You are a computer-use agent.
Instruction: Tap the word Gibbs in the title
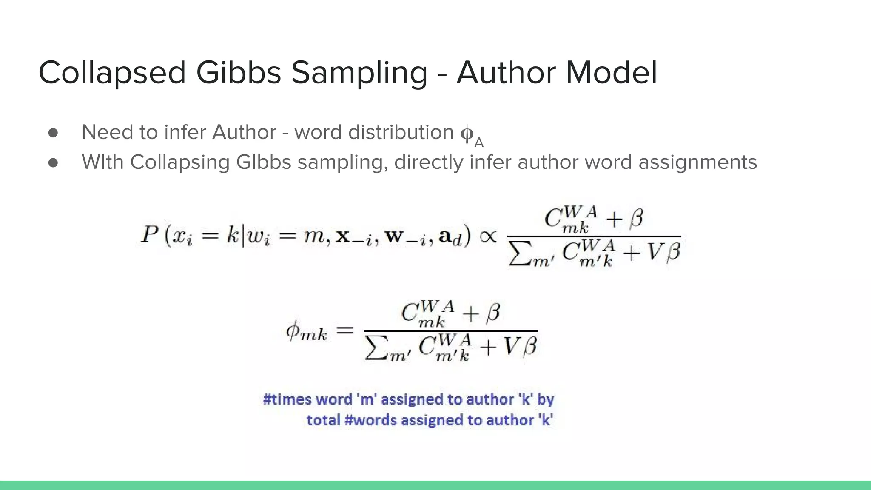coord(238,72)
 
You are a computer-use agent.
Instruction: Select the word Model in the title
coord(612,72)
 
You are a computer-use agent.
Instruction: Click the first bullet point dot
coord(53,133)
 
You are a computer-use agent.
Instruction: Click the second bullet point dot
coord(53,162)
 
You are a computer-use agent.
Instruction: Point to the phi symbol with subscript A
coord(470,135)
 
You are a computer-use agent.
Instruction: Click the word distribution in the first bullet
coord(401,132)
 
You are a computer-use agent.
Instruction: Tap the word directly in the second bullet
coord(429,162)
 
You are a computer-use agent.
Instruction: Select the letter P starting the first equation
coord(150,234)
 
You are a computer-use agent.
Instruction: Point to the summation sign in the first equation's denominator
coord(518,254)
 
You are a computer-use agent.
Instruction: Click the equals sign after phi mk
coord(344,330)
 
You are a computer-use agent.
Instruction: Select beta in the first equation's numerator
coord(636,218)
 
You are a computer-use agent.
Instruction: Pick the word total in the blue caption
coord(323,420)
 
